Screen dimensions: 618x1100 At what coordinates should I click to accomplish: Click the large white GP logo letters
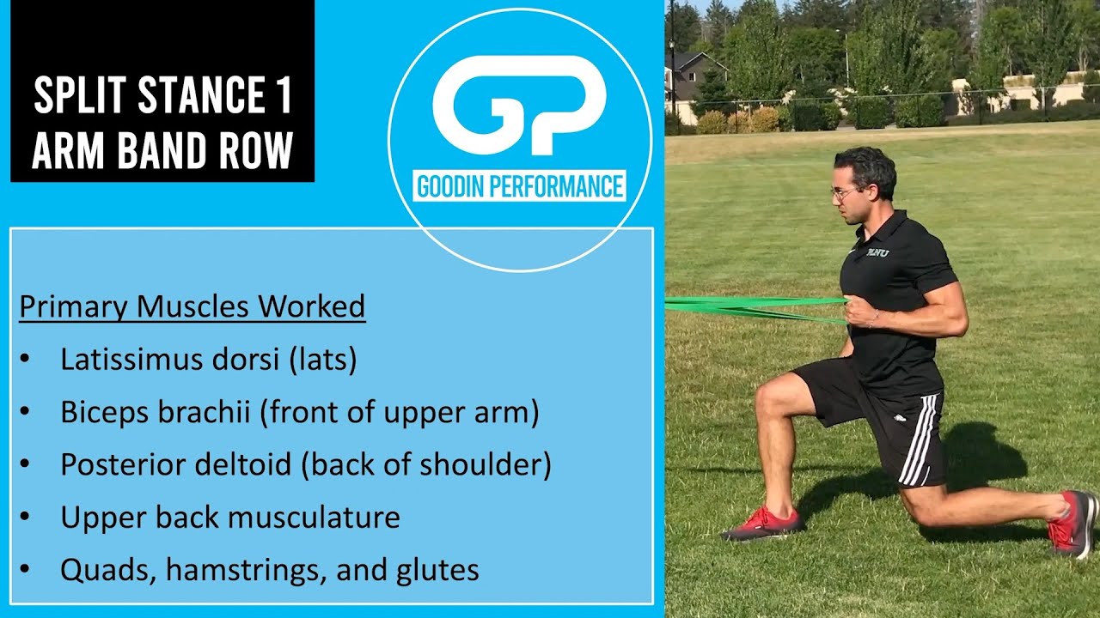tap(519, 105)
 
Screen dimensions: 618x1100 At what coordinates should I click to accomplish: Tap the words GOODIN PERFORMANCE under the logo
tap(519, 186)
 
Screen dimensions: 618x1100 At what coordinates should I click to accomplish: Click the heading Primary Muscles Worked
tap(192, 306)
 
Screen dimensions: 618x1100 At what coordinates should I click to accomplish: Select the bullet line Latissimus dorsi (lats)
tap(208, 359)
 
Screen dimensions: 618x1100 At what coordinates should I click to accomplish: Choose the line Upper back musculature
tap(229, 517)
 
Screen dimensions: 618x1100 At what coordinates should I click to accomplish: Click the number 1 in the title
tap(284, 97)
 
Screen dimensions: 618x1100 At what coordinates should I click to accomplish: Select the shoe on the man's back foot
tap(1071, 524)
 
